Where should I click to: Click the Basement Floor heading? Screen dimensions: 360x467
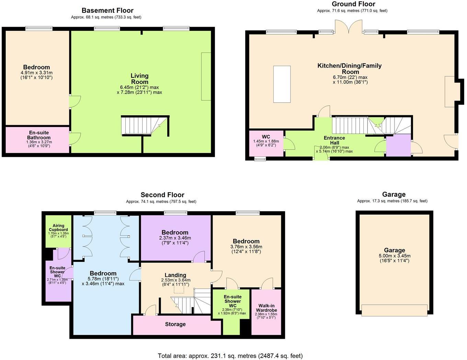tap(107, 10)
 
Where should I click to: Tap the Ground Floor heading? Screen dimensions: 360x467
tap(353, 4)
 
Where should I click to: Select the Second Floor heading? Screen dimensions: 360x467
tap(162, 195)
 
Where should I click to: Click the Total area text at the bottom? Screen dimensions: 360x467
tap(230, 356)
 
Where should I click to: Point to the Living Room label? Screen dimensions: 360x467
tap(139, 79)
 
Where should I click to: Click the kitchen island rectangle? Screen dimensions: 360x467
tap(282, 84)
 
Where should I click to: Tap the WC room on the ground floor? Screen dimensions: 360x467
tap(266, 143)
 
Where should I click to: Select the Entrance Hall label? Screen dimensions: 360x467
tap(334, 140)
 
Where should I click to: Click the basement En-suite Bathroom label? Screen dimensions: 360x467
tap(39, 135)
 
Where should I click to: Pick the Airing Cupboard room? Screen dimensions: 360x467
tap(58, 231)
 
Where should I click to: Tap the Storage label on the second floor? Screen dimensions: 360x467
tap(175, 324)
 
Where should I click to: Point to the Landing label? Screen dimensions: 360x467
tap(175, 275)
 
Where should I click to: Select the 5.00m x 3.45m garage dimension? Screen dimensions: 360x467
tap(395, 256)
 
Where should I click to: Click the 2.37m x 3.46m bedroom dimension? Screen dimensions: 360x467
tap(175, 238)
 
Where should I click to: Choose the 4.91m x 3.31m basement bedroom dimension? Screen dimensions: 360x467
tap(36, 73)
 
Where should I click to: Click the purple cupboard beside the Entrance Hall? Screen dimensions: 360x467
tap(398, 146)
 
